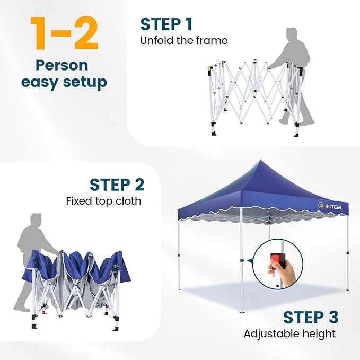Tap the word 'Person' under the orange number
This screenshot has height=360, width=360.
pyautogui.click(x=62, y=65)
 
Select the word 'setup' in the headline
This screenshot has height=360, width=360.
pyautogui.click(x=85, y=82)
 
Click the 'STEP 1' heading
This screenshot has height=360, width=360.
pyautogui.click(x=166, y=24)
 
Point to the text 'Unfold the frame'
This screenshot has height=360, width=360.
pyautogui.click(x=183, y=40)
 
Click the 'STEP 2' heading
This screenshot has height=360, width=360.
pyautogui.click(x=117, y=185)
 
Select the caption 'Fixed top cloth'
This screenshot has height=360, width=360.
pyautogui.click(x=103, y=201)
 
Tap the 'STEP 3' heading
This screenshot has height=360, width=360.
pyautogui.click(x=311, y=318)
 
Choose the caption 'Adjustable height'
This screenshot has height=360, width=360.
pyautogui.click(x=289, y=333)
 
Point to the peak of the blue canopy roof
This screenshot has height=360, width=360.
pyautogui.click(x=260, y=160)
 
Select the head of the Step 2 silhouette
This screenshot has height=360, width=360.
pyautogui.click(x=36, y=221)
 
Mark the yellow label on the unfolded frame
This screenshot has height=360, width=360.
pyautogui.click(x=209, y=68)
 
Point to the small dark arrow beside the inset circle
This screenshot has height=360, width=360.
pyautogui.click(x=249, y=261)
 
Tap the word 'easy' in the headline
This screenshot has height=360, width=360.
pyautogui.click(x=39, y=83)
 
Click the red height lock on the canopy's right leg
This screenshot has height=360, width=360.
pyautogui.click(x=348, y=253)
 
